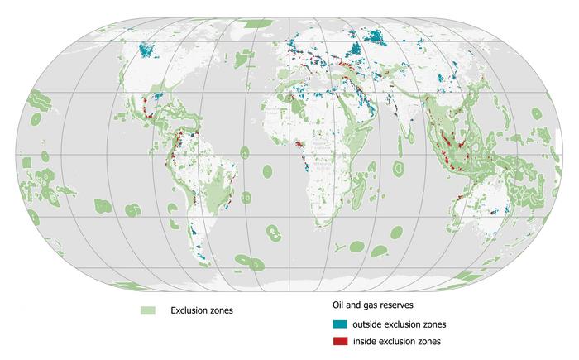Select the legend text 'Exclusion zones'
202,310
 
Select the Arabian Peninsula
347,117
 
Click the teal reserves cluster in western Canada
150,50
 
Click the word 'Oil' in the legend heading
338,305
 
